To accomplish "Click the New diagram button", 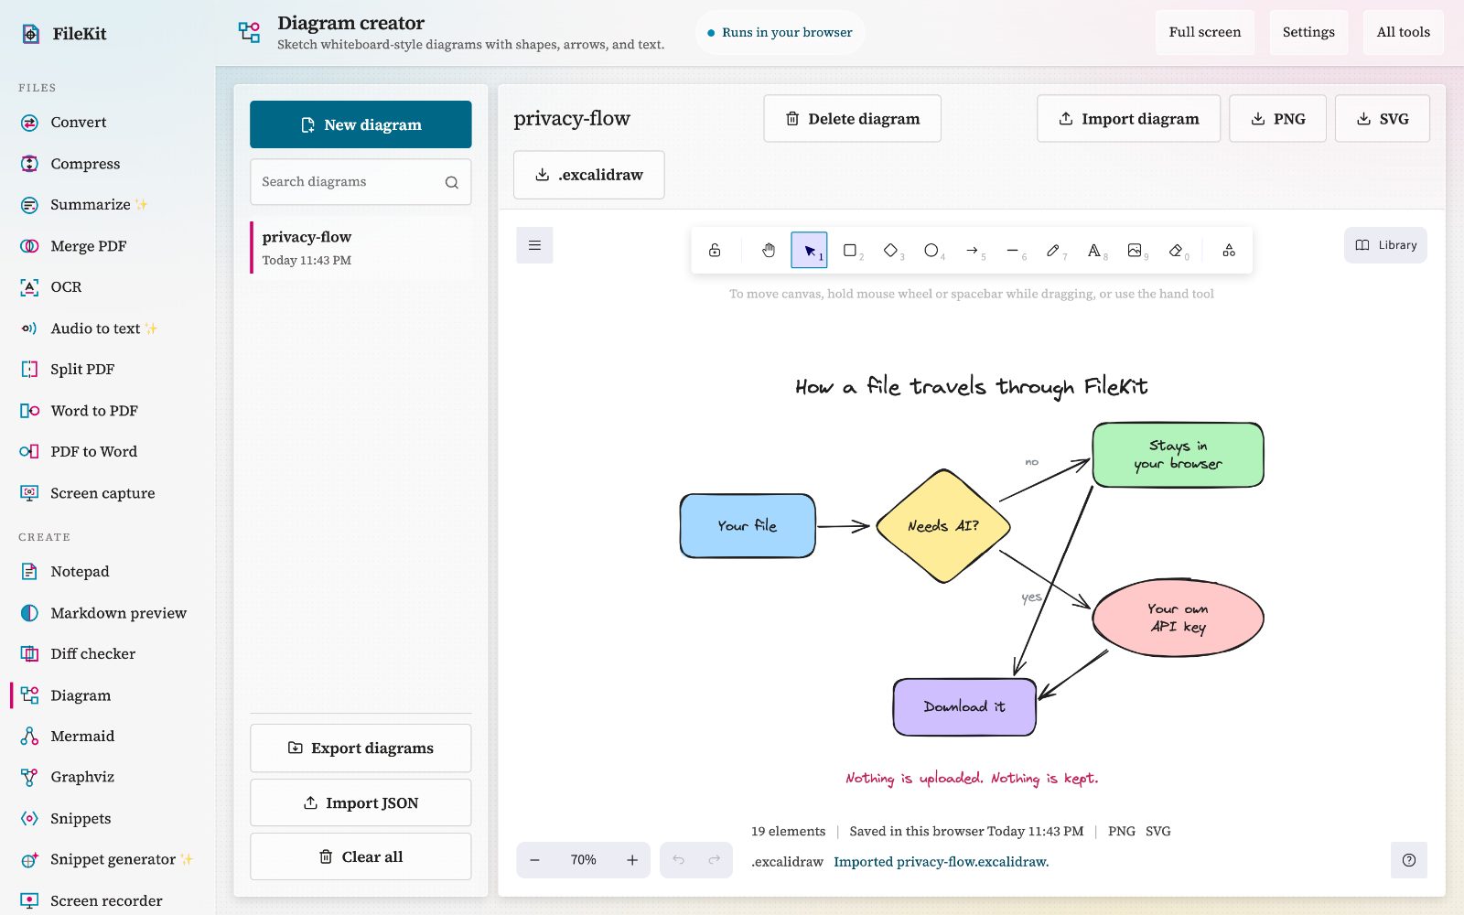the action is point(361,124).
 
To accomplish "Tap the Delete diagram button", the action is point(852,118).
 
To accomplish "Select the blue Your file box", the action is point(747,525).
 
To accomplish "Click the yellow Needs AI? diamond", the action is point(943,526).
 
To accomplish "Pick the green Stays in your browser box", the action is point(1178,455).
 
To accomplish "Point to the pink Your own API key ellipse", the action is point(1178,618).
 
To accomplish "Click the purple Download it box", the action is point(964,707).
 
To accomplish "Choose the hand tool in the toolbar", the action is point(768,250).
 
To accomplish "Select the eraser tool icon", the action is point(1176,250).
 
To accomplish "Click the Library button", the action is point(1385,245).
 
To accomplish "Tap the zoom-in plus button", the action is point(632,860).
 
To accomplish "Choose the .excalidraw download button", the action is point(589,175).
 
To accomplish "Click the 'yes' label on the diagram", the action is point(1031,597).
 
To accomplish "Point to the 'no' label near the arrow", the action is point(1031,462).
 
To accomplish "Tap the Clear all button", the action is point(361,856).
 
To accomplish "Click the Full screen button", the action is point(1204,32).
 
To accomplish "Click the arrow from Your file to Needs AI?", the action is point(843,526).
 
